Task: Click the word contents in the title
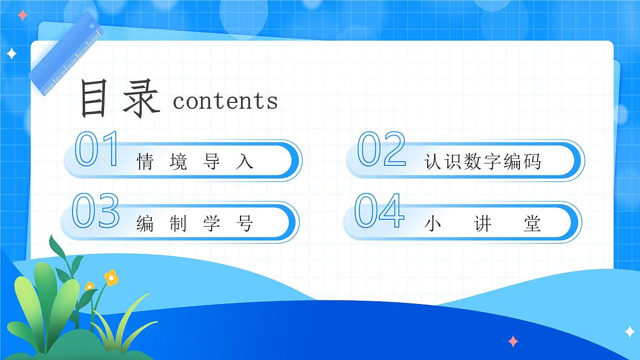pos(225,101)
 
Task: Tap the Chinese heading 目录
pos(119,99)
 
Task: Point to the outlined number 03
pos(95,211)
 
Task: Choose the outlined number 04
pos(379,211)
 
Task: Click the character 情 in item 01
pos(146,161)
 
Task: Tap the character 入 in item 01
pos(244,161)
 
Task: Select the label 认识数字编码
pos(483,161)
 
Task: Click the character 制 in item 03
pos(179,223)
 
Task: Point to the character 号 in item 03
pos(244,223)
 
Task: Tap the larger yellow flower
pos(110,277)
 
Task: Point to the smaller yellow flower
pos(90,286)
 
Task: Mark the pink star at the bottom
pos(513,341)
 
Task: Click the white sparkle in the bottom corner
pos(630,332)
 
